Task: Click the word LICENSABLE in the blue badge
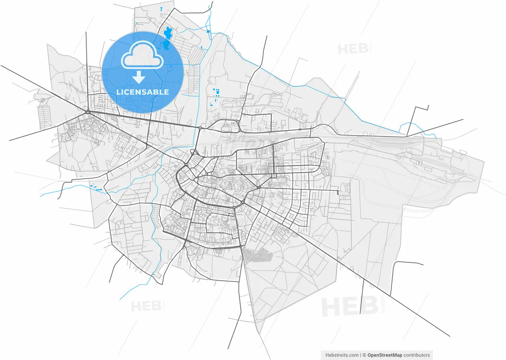click(x=142, y=92)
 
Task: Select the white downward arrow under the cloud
click(x=139, y=77)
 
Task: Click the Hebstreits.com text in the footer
click(x=342, y=355)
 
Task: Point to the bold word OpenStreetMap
click(x=385, y=355)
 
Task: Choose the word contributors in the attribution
click(x=417, y=355)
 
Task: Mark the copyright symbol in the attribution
click(x=364, y=355)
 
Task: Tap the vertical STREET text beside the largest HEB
click(x=382, y=304)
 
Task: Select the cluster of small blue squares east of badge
click(x=216, y=95)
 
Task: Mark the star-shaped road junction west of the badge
click(x=89, y=113)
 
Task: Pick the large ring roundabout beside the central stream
click(x=193, y=152)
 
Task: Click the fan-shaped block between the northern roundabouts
click(x=225, y=127)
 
